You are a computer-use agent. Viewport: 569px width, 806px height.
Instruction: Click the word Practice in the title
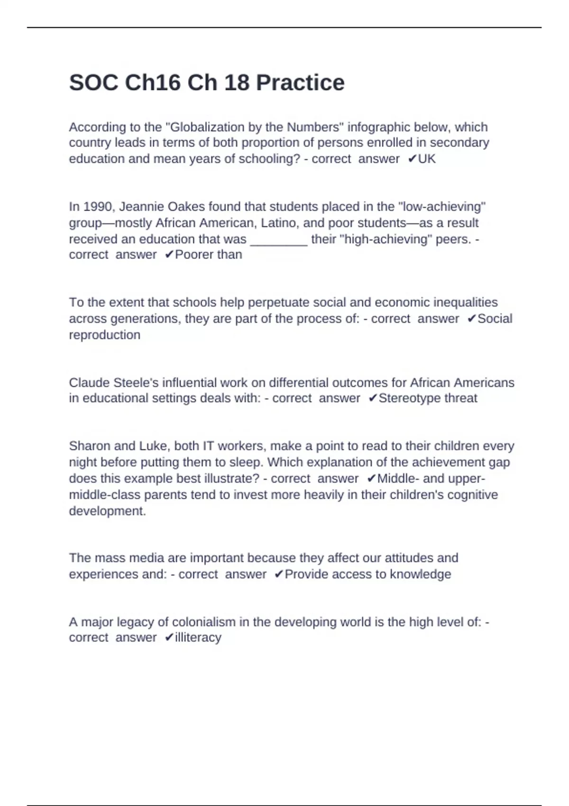pyautogui.click(x=300, y=83)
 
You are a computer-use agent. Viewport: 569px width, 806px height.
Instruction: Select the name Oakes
pyautogui.click(x=186, y=207)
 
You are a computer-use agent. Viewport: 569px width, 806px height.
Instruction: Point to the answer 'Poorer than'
pyautogui.click(x=208, y=255)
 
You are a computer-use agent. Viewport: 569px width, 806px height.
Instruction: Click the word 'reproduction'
pyautogui.click(x=105, y=335)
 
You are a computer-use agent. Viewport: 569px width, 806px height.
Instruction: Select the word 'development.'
pyautogui.click(x=108, y=511)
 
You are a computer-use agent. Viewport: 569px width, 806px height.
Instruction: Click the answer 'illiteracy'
pyautogui.click(x=198, y=638)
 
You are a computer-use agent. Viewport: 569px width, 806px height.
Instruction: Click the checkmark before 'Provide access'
pyautogui.click(x=279, y=574)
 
